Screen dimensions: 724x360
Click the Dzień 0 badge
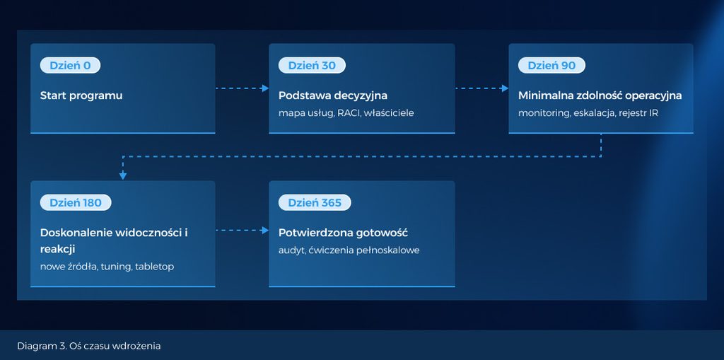pos(70,66)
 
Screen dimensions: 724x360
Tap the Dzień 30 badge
pos(312,66)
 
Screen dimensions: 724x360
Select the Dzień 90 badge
pos(551,66)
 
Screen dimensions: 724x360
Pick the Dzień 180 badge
pos(76,202)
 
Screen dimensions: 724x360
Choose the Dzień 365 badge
pos(315,202)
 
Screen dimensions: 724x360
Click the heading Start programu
pos(81,95)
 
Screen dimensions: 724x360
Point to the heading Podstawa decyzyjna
pos(333,95)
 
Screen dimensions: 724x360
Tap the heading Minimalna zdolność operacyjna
pos(600,95)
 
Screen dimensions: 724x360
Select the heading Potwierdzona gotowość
pos(343,233)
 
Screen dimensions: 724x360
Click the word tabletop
pos(154,267)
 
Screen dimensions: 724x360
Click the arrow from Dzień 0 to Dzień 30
pos(242,88)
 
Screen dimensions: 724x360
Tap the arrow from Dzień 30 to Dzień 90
pos(482,88)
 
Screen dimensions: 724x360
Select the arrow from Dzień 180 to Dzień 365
pos(242,230)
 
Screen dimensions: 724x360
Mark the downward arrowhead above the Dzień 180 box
pos(123,175)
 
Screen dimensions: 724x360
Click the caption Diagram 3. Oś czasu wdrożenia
pos(88,346)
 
